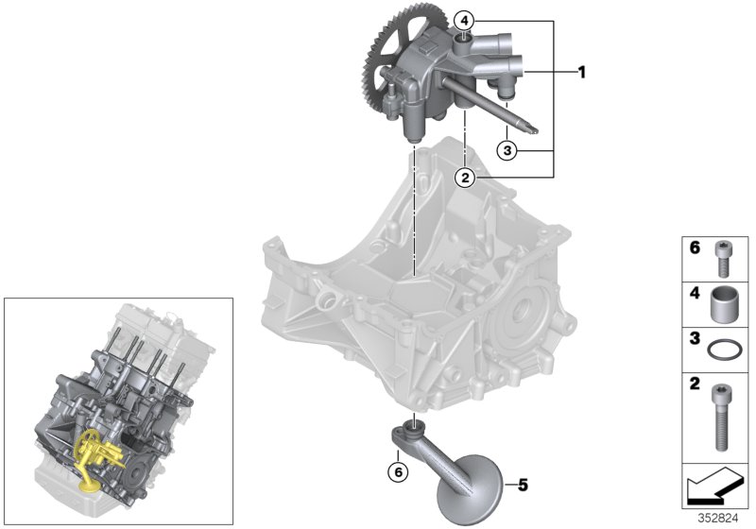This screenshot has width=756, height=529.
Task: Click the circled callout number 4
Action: pyautogui.click(x=464, y=20)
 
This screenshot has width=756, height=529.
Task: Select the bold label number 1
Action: pyautogui.click(x=582, y=71)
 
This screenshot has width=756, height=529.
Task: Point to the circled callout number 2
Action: pyautogui.click(x=464, y=176)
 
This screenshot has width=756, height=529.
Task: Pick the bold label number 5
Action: pyautogui.click(x=522, y=486)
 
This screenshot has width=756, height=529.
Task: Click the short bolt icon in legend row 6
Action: pyautogui.click(x=724, y=256)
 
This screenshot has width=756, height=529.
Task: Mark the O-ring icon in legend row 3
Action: pyautogui.click(x=724, y=348)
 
